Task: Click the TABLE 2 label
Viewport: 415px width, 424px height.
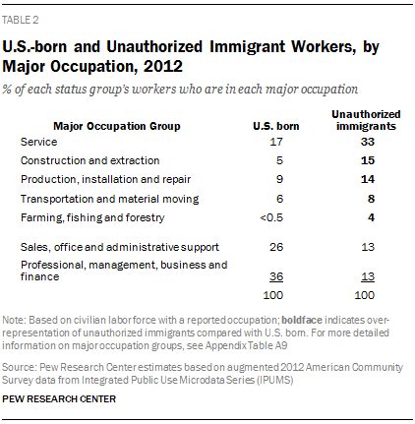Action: (x=21, y=20)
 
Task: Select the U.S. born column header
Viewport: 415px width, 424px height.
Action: (x=276, y=126)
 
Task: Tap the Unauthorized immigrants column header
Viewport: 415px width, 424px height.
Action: (x=366, y=120)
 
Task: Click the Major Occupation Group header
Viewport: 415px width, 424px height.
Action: (x=117, y=126)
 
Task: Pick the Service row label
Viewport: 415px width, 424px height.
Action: (x=38, y=142)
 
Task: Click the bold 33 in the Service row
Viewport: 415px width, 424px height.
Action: (x=368, y=142)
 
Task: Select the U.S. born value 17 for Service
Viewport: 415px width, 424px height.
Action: (x=276, y=142)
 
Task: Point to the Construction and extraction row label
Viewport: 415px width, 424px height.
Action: (x=89, y=160)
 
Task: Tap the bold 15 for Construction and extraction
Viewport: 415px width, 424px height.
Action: (x=368, y=160)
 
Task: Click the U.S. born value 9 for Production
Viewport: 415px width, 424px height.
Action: (x=279, y=179)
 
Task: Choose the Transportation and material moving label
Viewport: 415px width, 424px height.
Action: (x=109, y=199)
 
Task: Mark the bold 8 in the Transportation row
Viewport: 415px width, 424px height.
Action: (x=371, y=199)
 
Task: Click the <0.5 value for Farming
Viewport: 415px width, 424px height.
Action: (x=271, y=217)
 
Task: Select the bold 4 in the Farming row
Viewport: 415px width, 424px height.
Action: (x=371, y=217)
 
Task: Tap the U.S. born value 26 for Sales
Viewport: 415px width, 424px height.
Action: (x=276, y=247)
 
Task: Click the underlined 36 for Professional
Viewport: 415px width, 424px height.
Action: (x=276, y=276)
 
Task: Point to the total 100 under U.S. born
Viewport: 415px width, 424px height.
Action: (x=273, y=295)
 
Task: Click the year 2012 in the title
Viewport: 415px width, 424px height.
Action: (x=163, y=67)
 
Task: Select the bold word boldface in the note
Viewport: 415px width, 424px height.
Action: (x=302, y=320)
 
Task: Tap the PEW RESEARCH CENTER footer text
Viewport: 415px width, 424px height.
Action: (x=59, y=399)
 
